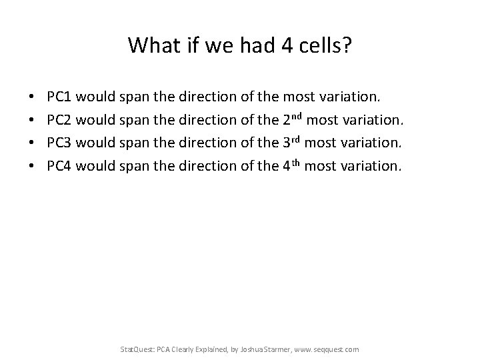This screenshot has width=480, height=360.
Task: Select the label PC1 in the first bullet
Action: [59, 98]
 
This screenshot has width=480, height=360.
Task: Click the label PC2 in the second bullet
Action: [59, 121]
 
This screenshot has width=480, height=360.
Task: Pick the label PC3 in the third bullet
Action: [59, 143]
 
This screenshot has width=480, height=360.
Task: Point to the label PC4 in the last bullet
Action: [59, 165]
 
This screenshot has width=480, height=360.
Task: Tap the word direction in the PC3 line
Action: [205, 143]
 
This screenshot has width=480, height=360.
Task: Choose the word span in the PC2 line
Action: [135, 121]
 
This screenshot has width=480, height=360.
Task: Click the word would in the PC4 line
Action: [95, 165]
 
